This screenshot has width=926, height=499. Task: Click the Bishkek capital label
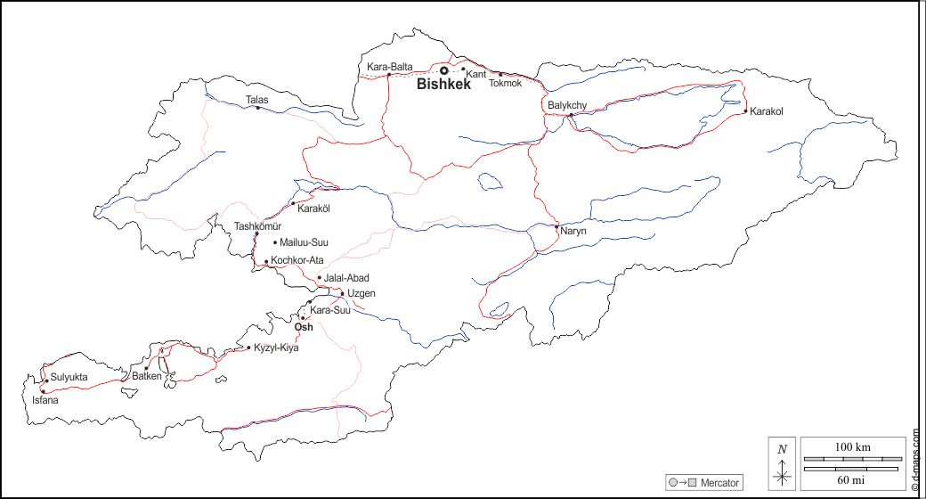[443, 85]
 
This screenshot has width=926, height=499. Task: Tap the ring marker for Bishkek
[443, 70]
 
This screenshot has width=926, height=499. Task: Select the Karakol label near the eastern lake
[766, 111]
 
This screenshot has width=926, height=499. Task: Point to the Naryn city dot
[556, 227]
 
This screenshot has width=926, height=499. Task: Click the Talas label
[256, 100]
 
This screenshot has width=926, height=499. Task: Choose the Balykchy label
[567, 105]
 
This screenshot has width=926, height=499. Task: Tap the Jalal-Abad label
[346, 278]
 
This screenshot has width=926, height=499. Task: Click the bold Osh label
[303, 327]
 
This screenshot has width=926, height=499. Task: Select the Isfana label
[45, 400]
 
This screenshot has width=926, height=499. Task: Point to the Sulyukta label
[69, 378]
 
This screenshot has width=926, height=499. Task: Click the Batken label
[147, 376]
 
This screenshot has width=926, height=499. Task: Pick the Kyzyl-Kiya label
[276, 348]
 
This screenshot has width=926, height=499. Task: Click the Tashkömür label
[257, 226]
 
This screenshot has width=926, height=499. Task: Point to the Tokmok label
[505, 83]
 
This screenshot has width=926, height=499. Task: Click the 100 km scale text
[852, 446]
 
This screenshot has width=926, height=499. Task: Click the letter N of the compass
[782, 449]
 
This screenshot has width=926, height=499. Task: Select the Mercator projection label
[719, 482]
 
